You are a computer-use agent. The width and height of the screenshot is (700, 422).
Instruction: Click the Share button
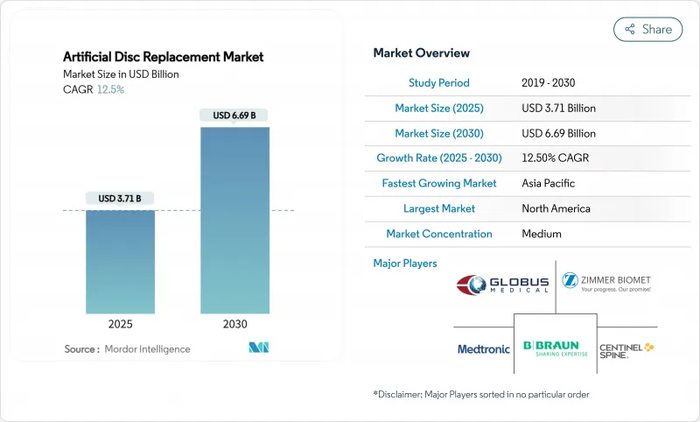pyautogui.click(x=647, y=29)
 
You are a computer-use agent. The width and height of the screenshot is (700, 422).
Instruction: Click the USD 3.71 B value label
pyautogui.click(x=121, y=199)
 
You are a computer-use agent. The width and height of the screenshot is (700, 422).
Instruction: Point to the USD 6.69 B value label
pyautogui.click(x=234, y=116)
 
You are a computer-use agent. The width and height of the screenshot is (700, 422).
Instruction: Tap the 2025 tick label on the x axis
pyautogui.click(x=121, y=324)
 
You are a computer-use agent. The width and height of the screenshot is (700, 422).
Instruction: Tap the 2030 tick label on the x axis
pyautogui.click(x=234, y=324)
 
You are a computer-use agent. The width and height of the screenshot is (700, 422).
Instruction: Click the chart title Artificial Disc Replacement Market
pyautogui.click(x=164, y=57)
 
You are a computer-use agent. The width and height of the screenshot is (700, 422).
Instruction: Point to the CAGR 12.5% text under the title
pyautogui.click(x=94, y=89)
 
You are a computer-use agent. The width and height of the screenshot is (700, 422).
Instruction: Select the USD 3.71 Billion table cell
pyautogui.click(x=558, y=109)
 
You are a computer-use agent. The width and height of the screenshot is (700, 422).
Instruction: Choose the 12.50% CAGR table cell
pyautogui.click(x=557, y=158)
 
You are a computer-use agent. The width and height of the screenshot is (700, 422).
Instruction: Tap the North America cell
pyautogui.click(x=556, y=209)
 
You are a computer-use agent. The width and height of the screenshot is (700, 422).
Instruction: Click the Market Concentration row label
pyautogui.click(x=439, y=234)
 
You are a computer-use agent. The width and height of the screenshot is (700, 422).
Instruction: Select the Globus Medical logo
pyautogui.click(x=502, y=285)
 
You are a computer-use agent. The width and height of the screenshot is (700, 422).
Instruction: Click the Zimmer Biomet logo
pyautogui.click(x=606, y=283)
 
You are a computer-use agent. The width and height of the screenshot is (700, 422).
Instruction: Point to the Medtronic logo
pyautogui.click(x=484, y=349)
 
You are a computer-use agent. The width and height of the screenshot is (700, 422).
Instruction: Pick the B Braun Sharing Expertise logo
pyautogui.click(x=555, y=349)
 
